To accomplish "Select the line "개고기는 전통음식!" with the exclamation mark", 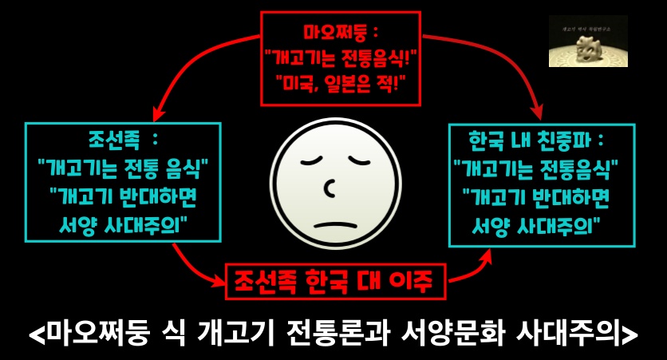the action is [341, 57].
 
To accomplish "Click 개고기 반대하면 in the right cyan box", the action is [536, 196].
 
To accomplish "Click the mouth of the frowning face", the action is [334, 222].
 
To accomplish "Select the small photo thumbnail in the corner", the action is [588, 42].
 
